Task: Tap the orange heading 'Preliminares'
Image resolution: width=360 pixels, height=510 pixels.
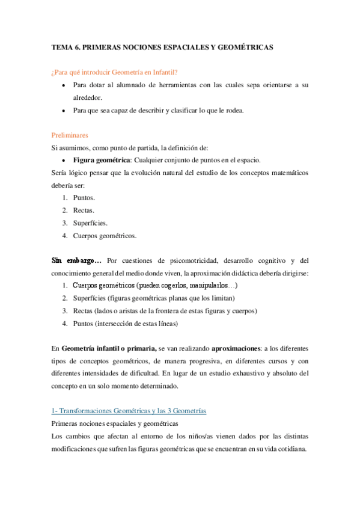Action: pyautogui.click(x=69, y=135)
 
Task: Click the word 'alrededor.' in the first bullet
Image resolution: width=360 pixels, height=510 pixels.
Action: pyautogui.click(x=88, y=98)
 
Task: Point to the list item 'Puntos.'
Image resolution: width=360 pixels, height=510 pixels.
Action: pyautogui.click(x=84, y=197)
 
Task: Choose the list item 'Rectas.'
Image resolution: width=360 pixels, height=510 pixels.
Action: pyautogui.click(x=84, y=210)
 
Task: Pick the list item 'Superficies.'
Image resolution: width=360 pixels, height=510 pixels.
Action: pyautogui.click(x=90, y=223)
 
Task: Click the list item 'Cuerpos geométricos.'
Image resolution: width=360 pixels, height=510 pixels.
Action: pyautogui.click(x=105, y=235)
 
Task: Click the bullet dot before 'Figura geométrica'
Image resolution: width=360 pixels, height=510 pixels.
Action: pyautogui.click(x=64, y=161)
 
